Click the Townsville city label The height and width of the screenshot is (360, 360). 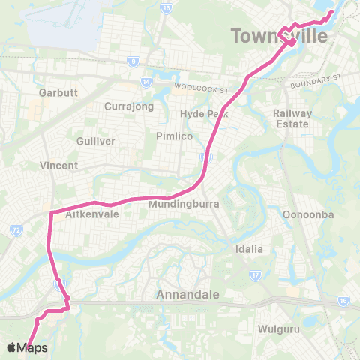280,36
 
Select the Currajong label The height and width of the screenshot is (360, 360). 129,106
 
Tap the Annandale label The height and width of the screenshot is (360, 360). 187,295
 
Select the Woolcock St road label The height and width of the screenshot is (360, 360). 201,88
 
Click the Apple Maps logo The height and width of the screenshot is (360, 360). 26,347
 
